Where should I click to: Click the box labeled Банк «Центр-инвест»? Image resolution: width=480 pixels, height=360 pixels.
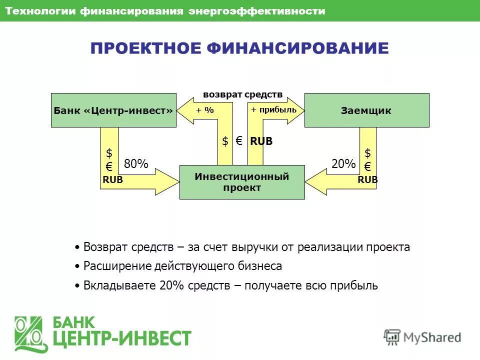point(113,110)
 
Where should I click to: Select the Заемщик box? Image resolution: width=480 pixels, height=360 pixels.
point(366,110)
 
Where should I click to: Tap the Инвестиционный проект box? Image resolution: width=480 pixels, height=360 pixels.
point(242,182)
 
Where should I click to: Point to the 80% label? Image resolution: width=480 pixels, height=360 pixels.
point(136,164)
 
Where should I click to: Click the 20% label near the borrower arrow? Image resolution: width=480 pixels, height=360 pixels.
point(343,164)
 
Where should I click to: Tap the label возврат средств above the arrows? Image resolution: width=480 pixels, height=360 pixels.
point(242,94)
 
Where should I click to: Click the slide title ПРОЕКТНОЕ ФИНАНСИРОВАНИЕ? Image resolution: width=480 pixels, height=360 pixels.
point(239,48)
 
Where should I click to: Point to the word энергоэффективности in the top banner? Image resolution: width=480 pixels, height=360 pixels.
point(256,11)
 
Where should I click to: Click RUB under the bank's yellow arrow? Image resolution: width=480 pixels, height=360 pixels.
point(112,180)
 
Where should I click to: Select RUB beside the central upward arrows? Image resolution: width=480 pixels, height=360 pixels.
point(261,141)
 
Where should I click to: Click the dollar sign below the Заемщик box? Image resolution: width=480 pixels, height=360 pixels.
point(367,153)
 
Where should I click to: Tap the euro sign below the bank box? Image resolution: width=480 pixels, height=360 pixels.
point(109,166)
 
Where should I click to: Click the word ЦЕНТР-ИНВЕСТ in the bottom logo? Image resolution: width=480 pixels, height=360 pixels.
point(122,339)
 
